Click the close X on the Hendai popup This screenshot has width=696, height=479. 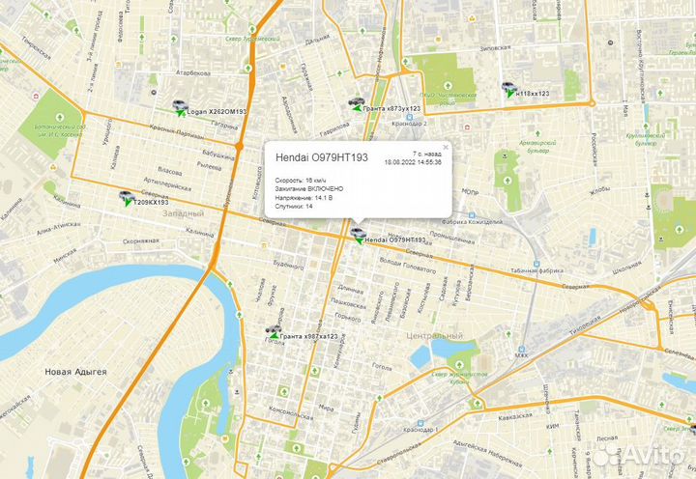[x=446, y=147]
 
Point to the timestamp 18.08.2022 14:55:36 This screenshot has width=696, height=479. [x=413, y=162]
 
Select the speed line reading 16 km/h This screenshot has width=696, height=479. [x=301, y=180]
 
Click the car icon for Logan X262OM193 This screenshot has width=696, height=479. [x=178, y=107]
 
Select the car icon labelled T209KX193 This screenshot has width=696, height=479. [x=126, y=198]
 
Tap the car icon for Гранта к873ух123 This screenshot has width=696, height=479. [x=357, y=104]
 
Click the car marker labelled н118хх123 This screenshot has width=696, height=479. [x=508, y=89]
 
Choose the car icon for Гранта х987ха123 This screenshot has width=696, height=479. [x=274, y=333]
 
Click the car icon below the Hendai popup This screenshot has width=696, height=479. [x=358, y=235]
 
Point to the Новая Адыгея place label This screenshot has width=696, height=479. [x=75, y=371]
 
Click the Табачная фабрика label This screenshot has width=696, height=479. [x=536, y=271]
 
